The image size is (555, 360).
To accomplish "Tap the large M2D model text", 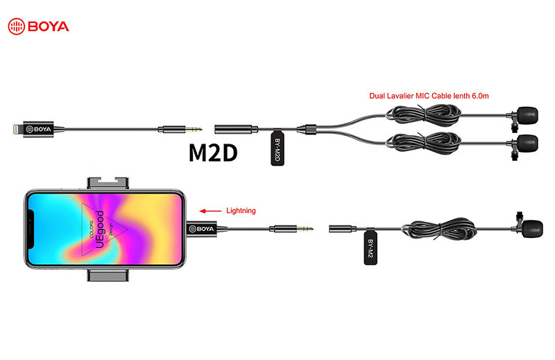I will [x=213, y=153].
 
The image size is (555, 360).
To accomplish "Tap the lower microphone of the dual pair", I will [x=527, y=144].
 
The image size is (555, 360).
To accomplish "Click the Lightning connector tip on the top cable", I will [x=11, y=128].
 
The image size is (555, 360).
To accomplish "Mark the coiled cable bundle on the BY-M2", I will [x=441, y=228].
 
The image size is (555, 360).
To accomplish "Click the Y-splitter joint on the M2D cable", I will [x=305, y=128].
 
